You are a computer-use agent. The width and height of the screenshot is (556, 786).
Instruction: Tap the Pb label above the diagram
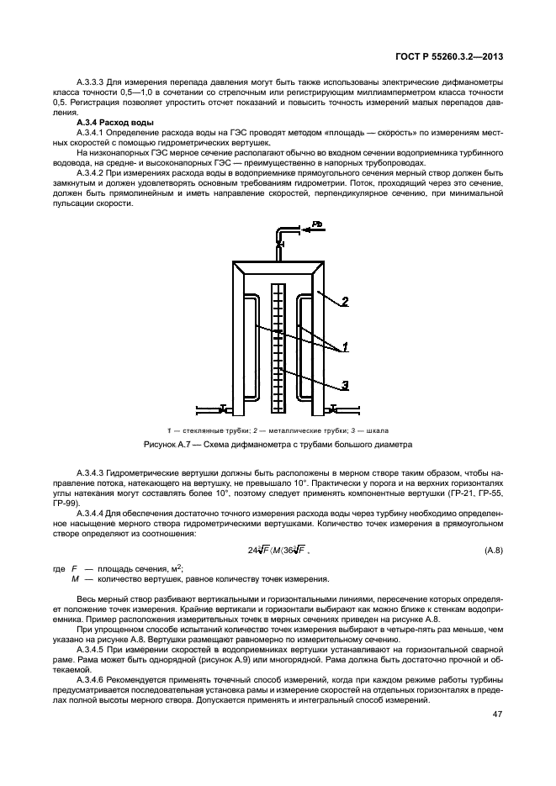317,224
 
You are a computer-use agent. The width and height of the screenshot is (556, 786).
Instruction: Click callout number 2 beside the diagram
345,302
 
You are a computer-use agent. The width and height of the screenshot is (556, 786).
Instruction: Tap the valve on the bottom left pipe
220,409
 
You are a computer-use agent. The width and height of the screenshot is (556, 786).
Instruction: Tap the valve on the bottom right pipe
334,409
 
